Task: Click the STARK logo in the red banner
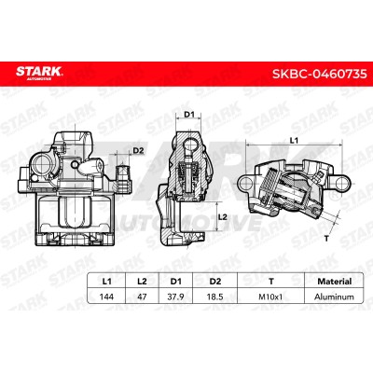(x=39, y=73)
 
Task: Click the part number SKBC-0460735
(x=320, y=74)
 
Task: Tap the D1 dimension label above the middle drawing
(x=189, y=115)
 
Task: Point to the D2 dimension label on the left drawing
(x=138, y=151)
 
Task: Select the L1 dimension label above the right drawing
(x=294, y=141)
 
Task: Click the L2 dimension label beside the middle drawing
(x=223, y=217)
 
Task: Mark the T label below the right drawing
(x=326, y=239)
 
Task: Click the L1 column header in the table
(x=106, y=282)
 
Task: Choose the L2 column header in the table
(x=142, y=282)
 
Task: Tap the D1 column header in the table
(x=175, y=282)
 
